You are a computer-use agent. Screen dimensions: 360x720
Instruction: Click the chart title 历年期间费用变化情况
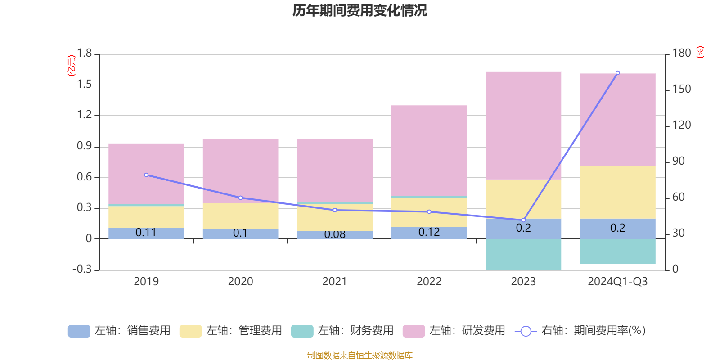[x=360, y=10]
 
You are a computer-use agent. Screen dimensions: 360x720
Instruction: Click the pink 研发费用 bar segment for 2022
[x=429, y=151]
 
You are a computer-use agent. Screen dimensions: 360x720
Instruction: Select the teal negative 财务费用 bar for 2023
[x=523, y=254]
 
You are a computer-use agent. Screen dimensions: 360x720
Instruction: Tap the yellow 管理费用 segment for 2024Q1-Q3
[x=617, y=192]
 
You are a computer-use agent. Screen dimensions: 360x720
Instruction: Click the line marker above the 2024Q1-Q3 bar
[x=617, y=72]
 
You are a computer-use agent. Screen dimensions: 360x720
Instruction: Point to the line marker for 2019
[x=146, y=175]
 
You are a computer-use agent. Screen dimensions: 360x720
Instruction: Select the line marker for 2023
[x=523, y=220]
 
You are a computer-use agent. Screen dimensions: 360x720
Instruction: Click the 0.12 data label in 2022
[x=429, y=232]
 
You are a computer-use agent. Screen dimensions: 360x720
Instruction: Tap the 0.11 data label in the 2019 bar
[x=146, y=233]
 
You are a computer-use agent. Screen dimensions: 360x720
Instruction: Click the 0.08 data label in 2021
[x=335, y=234]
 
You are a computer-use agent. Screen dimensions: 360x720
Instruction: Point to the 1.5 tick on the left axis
[x=84, y=84]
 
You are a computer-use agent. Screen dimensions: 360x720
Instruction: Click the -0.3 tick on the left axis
[x=82, y=269]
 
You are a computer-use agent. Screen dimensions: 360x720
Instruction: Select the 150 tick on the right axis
[x=682, y=89]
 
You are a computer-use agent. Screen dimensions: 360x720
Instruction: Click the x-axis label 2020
[x=240, y=282]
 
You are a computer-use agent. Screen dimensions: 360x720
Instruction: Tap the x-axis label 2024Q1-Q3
[x=617, y=282]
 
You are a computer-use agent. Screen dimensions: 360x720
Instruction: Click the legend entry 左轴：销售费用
[x=119, y=331]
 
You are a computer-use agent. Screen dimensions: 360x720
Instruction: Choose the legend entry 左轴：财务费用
[x=342, y=331]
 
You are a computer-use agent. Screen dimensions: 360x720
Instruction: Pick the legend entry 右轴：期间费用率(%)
[x=580, y=331]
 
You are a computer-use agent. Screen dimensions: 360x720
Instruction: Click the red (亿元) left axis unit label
[x=71, y=66]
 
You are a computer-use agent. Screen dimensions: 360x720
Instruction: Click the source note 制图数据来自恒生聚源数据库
[x=360, y=355]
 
